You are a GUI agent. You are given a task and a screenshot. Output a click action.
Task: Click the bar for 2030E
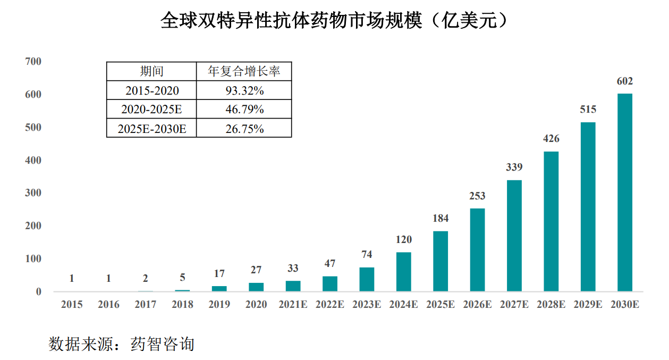coord(625,192)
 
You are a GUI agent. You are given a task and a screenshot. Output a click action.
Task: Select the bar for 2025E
coord(441,261)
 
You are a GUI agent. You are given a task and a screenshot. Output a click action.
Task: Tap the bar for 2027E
coord(514,236)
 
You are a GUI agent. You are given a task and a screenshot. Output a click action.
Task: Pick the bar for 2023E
coord(367,279)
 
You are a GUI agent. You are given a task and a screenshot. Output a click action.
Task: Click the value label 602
coord(625,81)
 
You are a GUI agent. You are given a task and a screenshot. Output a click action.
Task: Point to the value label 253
coord(477,196)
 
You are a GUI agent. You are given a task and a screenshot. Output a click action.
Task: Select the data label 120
coord(404,239)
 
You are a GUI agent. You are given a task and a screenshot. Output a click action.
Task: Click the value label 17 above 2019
coord(219,274)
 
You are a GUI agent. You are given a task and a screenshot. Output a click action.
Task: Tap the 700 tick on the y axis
coord(33,62)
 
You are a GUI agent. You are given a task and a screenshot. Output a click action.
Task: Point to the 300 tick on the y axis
coord(33,193)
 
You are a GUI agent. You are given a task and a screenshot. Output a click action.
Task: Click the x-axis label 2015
coord(72,305)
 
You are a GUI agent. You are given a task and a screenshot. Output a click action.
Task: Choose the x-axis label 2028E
coord(551,305)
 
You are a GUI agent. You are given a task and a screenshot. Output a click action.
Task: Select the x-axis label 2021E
coord(293,305)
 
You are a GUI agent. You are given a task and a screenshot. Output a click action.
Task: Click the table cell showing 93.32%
coord(244,90)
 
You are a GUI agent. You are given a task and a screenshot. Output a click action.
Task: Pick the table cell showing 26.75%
coord(244,129)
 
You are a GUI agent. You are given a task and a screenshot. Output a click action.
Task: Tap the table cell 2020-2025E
coord(151,110)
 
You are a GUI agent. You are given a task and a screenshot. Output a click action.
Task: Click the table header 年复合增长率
coord(244,71)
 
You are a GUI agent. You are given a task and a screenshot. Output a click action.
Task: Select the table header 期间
coord(151,71)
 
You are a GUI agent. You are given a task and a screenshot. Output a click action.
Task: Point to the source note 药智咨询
coord(163,344)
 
